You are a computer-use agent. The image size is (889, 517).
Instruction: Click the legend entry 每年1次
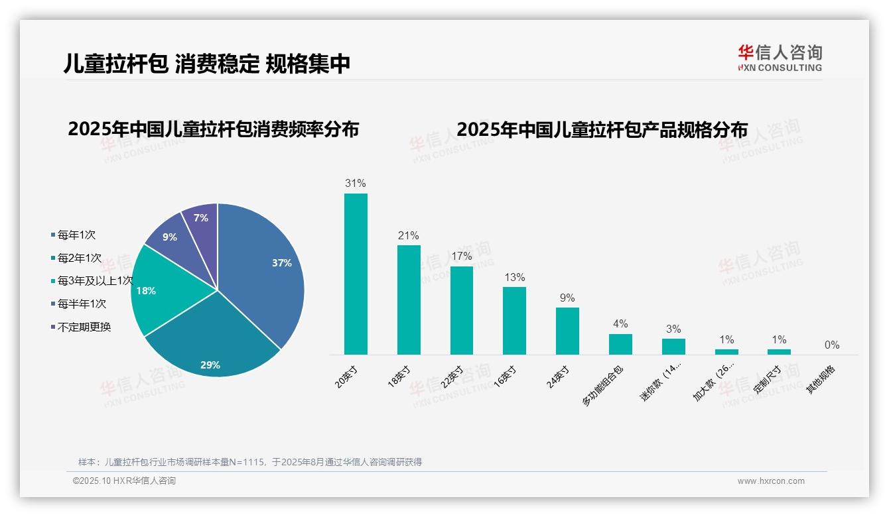pos(76,235)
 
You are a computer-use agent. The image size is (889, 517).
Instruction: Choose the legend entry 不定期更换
pos(84,327)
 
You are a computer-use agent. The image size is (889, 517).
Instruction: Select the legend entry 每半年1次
pos(81,304)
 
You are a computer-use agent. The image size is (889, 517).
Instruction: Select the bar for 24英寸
pos(567,331)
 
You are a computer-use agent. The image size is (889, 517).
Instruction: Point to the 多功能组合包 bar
pos(620,344)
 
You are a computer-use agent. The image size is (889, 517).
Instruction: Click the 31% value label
pos(356,184)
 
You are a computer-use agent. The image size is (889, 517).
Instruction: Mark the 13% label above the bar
pos(514,277)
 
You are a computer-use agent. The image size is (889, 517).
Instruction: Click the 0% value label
pos(832,345)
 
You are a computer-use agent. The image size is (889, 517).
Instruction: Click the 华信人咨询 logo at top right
pos(780,58)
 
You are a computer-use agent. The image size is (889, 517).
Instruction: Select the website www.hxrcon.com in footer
pos(771,481)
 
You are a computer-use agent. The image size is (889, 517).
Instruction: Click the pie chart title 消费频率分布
pos(213,129)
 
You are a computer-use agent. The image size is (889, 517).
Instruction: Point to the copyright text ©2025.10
pos(124,481)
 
